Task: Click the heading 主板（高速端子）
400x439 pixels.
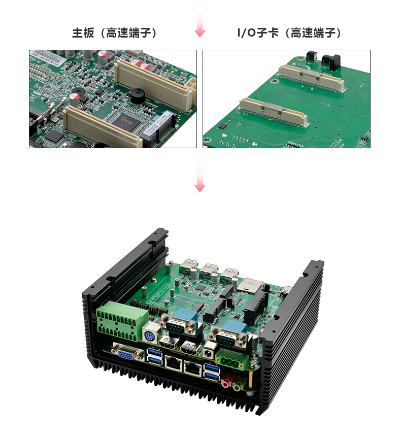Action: point(114,33)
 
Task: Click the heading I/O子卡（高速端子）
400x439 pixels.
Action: point(289,33)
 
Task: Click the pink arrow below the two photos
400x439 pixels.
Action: point(199,174)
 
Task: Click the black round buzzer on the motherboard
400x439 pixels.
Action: point(138,95)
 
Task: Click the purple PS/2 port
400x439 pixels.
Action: point(150,334)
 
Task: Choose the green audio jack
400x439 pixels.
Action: point(237,385)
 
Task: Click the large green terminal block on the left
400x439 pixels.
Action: point(122,321)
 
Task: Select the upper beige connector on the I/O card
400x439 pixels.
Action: point(312,78)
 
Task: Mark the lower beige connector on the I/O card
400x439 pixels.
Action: point(274,111)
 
